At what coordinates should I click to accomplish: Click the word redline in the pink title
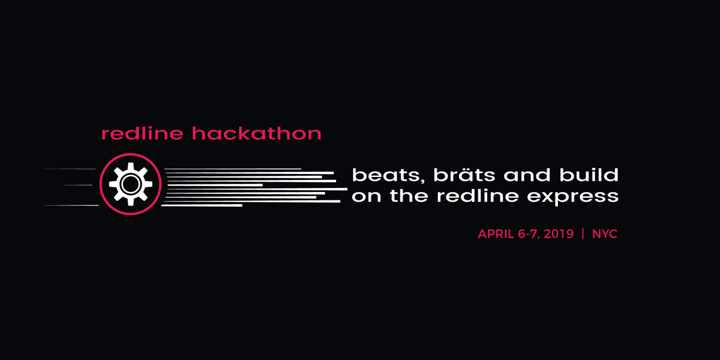click(x=142, y=133)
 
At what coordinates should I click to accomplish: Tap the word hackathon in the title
click(x=257, y=133)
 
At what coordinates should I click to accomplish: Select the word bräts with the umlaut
click(x=464, y=175)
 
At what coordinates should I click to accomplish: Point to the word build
click(x=589, y=175)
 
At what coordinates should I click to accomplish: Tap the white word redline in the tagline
click(x=478, y=196)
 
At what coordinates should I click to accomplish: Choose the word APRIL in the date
click(x=496, y=234)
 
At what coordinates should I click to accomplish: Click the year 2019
click(x=559, y=234)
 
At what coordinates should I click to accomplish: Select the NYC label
click(x=604, y=234)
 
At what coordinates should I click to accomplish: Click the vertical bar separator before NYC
click(x=583, y=234)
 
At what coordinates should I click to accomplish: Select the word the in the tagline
click(x=409, y=196)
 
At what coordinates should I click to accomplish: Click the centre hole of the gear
click(x=130, y=184)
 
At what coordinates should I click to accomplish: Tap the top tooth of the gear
click(x=130, y=166)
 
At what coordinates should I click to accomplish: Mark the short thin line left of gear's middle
click(x=78, y=185)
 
